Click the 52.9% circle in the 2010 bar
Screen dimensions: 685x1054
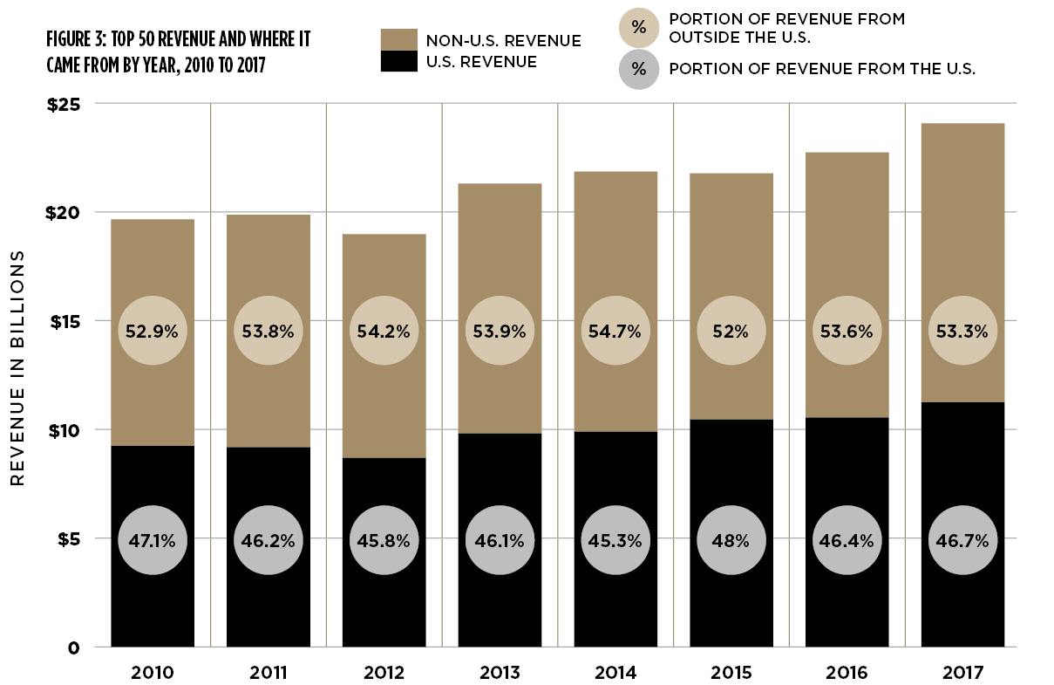[x=153, y=332]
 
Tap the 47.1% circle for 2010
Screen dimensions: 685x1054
[x=153, y=540]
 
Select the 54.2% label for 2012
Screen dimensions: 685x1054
[x=384, y=332]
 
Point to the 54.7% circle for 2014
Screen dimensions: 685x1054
[x=615, y=332]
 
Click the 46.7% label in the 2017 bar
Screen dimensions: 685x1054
[x=962, y=540]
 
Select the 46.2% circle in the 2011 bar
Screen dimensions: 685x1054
[x=269, y=540]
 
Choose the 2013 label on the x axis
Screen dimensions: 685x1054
[x=500, y=673]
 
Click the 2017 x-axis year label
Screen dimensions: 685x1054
[x=962, y=673]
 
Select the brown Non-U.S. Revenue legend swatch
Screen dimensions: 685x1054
[x=398, y=40]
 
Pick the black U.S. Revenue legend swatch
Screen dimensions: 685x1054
[x=398, y=61]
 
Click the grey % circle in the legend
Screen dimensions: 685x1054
[x=639, y=68]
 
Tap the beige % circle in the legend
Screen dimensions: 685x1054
[x=639, y=27]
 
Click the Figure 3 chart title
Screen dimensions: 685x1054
[x=180, y=51]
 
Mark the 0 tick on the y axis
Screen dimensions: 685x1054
[x=75, y=647]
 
